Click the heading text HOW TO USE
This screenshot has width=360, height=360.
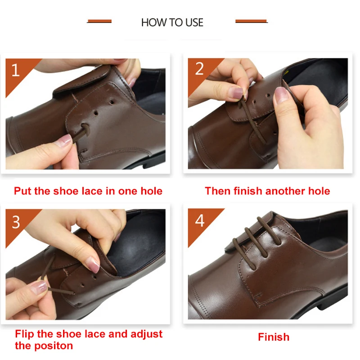172,22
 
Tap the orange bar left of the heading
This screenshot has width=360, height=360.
99,21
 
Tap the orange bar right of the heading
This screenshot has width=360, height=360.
252,21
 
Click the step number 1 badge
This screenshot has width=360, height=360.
16,70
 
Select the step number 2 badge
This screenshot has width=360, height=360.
199,69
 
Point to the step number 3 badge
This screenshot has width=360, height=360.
16,222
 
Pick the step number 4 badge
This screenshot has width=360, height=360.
200,220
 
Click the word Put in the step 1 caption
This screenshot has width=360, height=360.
22,191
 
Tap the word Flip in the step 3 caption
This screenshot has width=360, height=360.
24,334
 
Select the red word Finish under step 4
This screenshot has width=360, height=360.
274,337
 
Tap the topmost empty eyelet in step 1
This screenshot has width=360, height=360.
111,102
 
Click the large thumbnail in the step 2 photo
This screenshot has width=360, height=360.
282,94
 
